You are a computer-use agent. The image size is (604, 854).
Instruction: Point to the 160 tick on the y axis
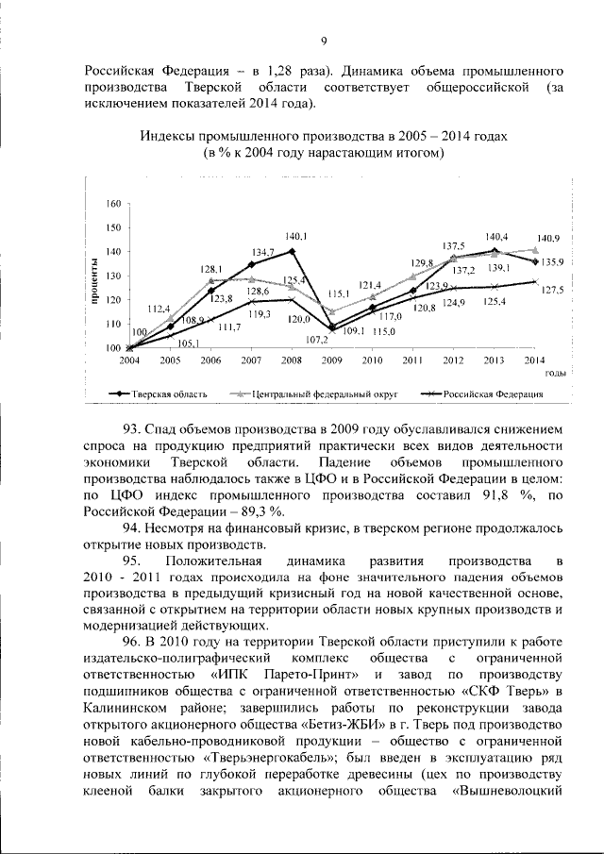113,204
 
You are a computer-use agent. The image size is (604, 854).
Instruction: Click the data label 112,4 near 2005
159,309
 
